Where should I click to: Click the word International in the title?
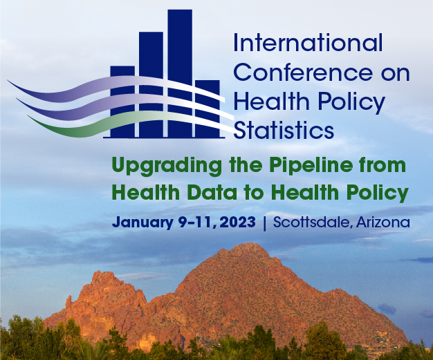(308, 43)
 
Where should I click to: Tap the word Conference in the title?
(303, 73)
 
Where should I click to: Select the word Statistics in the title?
(284, 130)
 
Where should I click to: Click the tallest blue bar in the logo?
(180, 73)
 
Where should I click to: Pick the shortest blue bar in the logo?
(208, 108)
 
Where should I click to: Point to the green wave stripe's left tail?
(29, 116)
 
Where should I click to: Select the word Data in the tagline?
(212, 192)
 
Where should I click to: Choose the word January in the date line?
(143, 222)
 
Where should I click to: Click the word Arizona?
(383, 222)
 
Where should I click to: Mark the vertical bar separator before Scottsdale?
(265, 223)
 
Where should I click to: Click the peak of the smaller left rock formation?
(100, 272)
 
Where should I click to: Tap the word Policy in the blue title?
(351, 102)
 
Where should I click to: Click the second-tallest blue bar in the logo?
(151, 85)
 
